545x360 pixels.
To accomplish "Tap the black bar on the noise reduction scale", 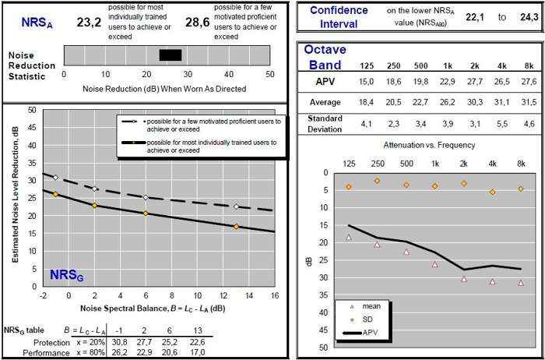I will [x=170, y=55].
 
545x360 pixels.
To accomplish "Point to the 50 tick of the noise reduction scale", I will [x=270, y=73].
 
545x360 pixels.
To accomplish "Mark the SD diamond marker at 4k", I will [x=493, y=192].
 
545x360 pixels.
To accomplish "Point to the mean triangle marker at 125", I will [x=348, y=237].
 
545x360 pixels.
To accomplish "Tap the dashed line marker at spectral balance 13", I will [x=236, y=206].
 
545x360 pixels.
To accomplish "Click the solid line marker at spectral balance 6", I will [x=146, y=213].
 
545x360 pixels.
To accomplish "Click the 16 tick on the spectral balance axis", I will [x=274, y=296].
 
